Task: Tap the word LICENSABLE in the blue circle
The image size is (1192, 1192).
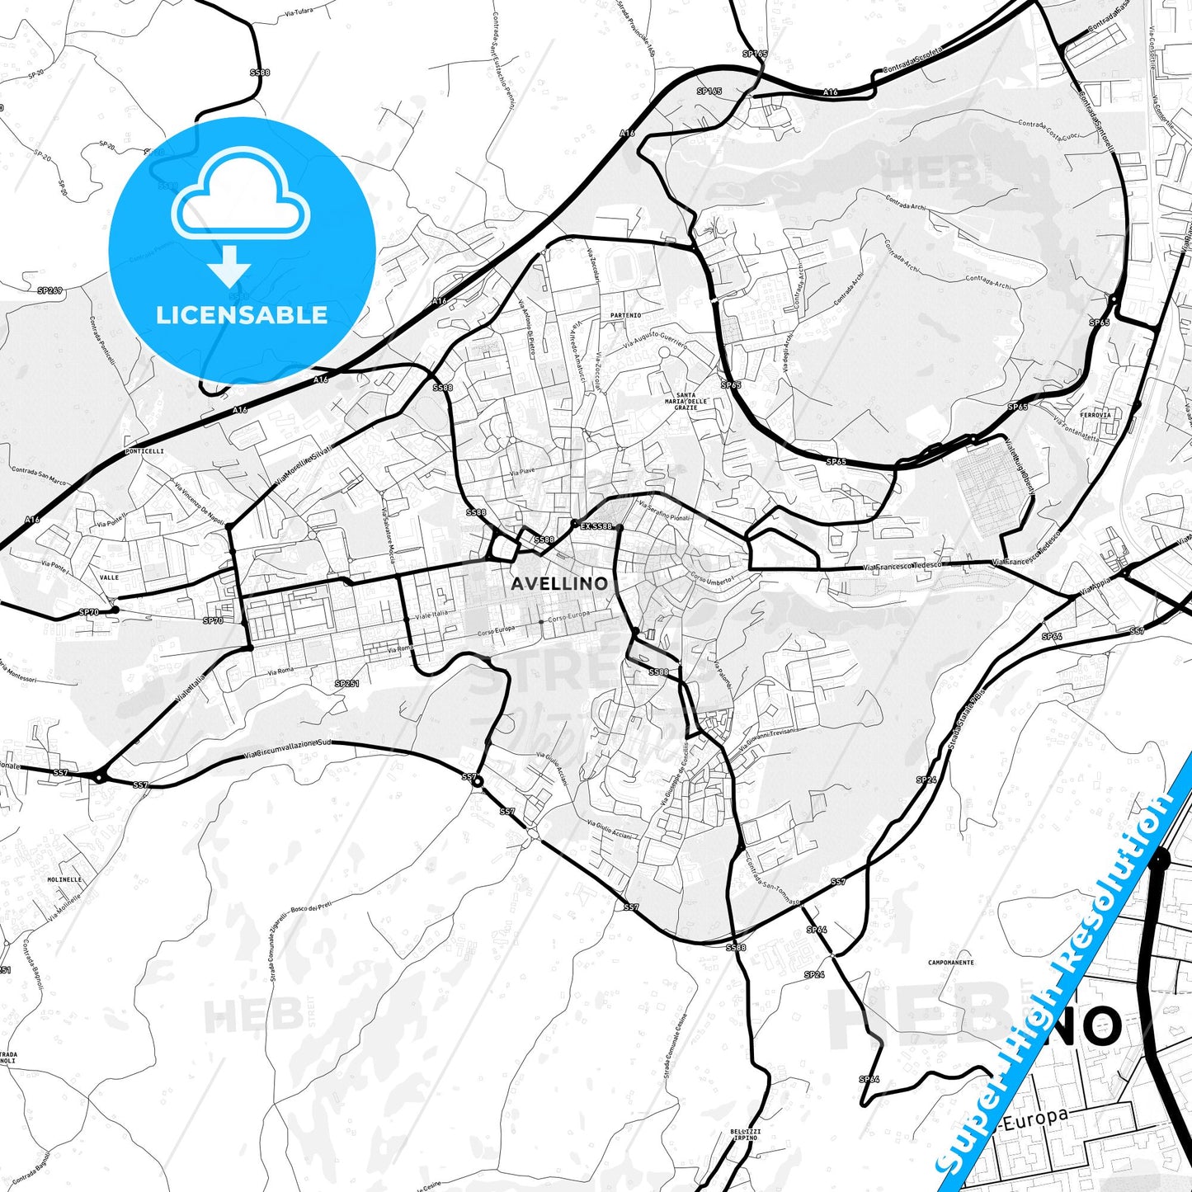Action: pyautogui.click(x=242, y=314)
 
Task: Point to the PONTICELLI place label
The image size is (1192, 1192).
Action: pyautogui.click(x=145, y=451)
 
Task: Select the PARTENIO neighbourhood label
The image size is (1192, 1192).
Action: pyautogui.click(x=625, y=315)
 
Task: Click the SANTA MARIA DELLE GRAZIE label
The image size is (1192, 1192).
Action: pyautogui.click(x=686, y=401)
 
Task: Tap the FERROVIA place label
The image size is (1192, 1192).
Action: pyautogui.click(x=1095, y=415)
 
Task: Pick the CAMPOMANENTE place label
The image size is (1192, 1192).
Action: pyautogui.click(x=950, y=962)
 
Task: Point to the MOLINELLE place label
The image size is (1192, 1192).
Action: pyautogui.click(x=64, y=879)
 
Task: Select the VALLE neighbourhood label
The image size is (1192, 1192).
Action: pyautogui.click(x=109, y=577)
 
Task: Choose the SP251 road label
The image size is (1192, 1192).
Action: pyautogui.click(x=346, y=683)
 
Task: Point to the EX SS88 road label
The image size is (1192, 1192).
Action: pyautogui.click(x=596, y=525)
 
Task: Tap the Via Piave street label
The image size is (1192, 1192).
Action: pyautogui.click(x=522, y=471)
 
